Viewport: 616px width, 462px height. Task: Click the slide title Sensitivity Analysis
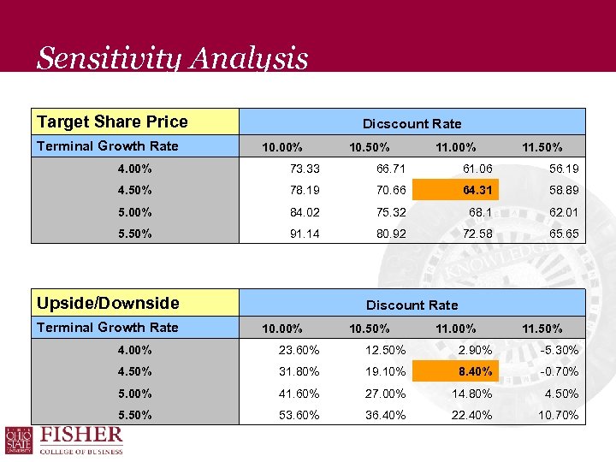(x=172, y=58)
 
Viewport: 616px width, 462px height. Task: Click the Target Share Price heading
(x=112, y=121)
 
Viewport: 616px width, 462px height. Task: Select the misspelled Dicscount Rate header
(x=412, y=123)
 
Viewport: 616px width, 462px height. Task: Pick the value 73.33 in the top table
(x=305, y=169)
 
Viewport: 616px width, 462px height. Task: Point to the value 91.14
(x=305, y=234)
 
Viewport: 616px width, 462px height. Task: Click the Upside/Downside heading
(x=108, y=303)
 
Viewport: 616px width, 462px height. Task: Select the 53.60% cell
(x=299, y=415)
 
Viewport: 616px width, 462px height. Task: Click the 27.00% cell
(x=386, y=394)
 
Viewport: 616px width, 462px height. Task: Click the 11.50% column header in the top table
(x=542, y=147)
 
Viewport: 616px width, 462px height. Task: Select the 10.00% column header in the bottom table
(x=282, y=329)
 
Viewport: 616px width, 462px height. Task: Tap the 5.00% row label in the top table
(x=135, y=212)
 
